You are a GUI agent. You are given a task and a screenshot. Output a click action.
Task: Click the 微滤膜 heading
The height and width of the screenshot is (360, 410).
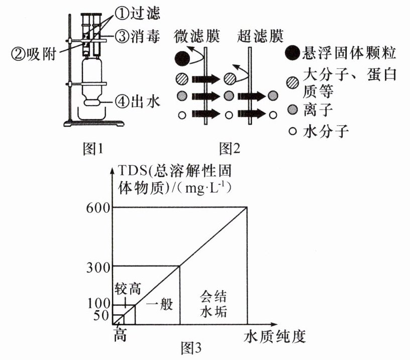[196, 36]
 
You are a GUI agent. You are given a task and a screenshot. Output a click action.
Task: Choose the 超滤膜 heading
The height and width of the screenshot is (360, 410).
[260, 36]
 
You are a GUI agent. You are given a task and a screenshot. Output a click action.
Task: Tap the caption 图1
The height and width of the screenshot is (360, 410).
[92, 149]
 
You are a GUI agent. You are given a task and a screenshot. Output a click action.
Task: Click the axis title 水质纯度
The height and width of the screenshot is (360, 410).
[275, 336]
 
